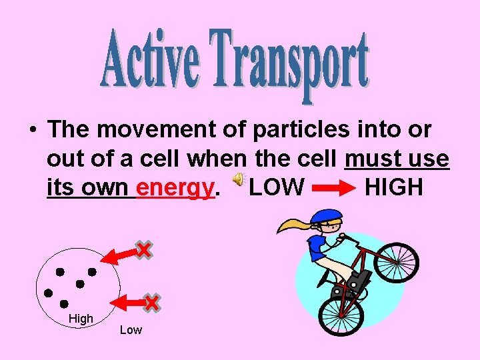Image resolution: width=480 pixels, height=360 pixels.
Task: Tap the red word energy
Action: pos(175,187)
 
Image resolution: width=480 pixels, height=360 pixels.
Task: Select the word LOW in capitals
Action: pos(277,187)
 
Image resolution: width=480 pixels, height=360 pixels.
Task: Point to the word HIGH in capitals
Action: pos(394,187)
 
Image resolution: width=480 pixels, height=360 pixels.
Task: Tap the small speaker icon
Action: pos(238,180)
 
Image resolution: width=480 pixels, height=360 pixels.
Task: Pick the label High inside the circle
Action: pos(81,319)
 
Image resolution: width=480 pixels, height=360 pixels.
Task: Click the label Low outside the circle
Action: pos(131,330)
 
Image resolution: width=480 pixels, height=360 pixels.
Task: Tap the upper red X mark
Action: pos(143,249)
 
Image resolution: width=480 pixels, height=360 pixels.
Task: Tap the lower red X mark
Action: pos(151,303)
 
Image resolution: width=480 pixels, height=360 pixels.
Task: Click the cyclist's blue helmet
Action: pos(326,216)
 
